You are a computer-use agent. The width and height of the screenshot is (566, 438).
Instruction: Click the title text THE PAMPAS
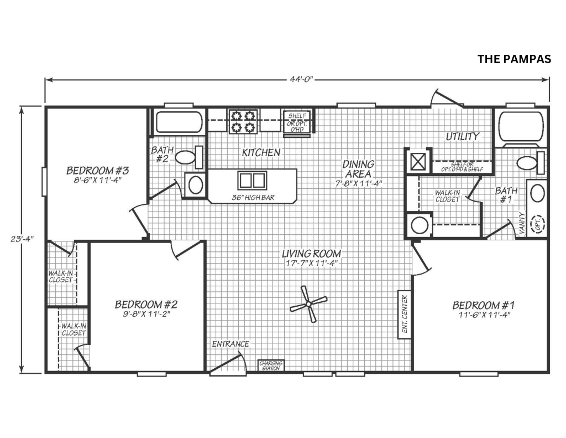point(514,59)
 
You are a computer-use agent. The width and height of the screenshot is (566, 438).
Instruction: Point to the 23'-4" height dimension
point(23,239)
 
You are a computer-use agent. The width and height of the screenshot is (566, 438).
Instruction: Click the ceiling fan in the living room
point(308,303)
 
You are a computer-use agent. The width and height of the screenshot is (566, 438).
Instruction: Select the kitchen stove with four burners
point(244,121)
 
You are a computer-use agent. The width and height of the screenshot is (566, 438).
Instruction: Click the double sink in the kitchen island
point(252,181)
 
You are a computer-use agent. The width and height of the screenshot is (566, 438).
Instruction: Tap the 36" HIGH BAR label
point(253,197)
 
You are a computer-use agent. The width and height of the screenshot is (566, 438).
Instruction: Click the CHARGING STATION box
point(271,365)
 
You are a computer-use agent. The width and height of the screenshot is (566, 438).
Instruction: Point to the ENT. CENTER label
point(403,314)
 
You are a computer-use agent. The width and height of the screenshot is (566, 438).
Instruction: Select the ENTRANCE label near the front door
point(230,344)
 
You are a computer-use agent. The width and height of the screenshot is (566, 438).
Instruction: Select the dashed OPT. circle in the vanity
point(537,224)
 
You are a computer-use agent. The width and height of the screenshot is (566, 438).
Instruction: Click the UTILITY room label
point(463,136)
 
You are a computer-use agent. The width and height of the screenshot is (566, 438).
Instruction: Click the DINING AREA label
point(358,169)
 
